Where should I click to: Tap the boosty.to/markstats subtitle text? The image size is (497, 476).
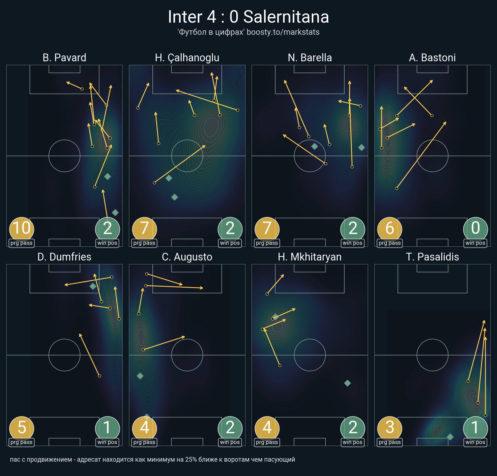[x=283, y=32]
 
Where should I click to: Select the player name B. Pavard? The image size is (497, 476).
[x=64, y=58]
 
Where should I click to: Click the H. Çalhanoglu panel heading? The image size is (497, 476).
[x=187, y=58]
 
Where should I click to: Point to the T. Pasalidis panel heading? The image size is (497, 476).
[x=432, y=257]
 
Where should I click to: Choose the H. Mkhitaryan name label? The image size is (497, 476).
[x=310, y=257]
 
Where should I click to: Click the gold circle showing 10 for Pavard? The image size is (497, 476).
[x=22, y=229]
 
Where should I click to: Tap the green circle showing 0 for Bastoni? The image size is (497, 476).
[x=475, y=229]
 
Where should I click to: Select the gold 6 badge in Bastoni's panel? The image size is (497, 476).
[x=390, y=229]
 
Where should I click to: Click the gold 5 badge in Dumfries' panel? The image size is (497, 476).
[x=22, y=428]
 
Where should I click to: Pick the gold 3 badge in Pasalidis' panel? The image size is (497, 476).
[x=390, y=428]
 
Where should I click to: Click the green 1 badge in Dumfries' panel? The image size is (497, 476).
[x=107, y=428]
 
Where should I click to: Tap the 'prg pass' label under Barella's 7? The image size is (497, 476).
[x=267, y=243]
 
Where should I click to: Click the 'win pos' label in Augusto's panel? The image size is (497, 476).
[x=230, y=442]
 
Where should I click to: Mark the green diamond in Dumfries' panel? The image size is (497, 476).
[x=93, y=286]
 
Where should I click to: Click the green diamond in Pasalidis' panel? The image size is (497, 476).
[x=450, y=437]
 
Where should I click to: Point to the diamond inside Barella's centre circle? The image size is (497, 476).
[x=314, y=146]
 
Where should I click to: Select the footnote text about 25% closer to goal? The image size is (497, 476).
[x=152, y=459]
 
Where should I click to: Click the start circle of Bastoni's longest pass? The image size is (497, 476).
[x=396, y=188]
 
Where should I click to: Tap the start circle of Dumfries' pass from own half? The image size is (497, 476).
[x=99, y=376]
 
